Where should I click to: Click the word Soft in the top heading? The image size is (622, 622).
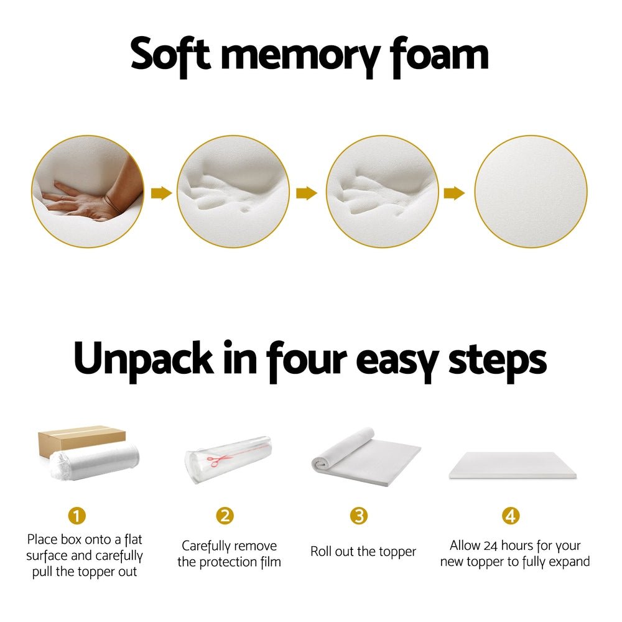coord(170,55)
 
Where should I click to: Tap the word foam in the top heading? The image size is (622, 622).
coord(439,55)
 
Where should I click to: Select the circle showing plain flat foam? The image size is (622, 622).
coord(531,192)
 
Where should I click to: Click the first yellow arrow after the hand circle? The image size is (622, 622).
coord(161,193)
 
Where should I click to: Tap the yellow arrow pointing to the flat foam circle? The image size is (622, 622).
coord(454,193)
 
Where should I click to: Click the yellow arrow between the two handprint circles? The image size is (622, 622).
coord(306,193)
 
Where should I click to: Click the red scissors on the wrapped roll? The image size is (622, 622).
coord(218,461)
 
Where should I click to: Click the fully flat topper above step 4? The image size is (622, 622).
coord(512,465)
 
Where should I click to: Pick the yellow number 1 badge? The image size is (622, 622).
coord(77,516)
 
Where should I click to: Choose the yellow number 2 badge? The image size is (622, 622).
coord(225,516)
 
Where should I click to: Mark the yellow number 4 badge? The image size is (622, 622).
coord(510,516)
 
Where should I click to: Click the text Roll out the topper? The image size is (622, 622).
coord(363,552)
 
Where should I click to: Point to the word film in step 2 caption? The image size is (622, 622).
coord(267,562)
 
